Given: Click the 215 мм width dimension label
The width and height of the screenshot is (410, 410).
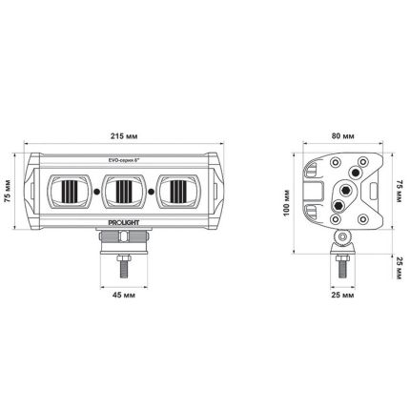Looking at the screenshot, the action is coord(124,136).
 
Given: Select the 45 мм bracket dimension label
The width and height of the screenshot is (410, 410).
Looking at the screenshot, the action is coord(124,295).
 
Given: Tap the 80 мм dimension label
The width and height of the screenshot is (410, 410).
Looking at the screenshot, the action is coord(343,136).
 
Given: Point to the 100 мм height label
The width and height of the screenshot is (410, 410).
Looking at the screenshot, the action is coord(287,203).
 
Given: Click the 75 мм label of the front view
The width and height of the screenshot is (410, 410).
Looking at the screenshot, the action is coord(8,191).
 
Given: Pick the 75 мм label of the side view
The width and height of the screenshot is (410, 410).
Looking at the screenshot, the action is coord(400,191).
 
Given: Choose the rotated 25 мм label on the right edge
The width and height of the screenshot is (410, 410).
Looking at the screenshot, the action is coord(400,269).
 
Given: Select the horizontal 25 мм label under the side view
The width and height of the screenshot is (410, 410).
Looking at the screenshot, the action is coord(342,295).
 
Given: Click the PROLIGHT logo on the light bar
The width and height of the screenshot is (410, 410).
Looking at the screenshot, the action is coord(124,223).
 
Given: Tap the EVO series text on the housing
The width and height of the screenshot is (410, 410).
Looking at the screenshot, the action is coord(122,161).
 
